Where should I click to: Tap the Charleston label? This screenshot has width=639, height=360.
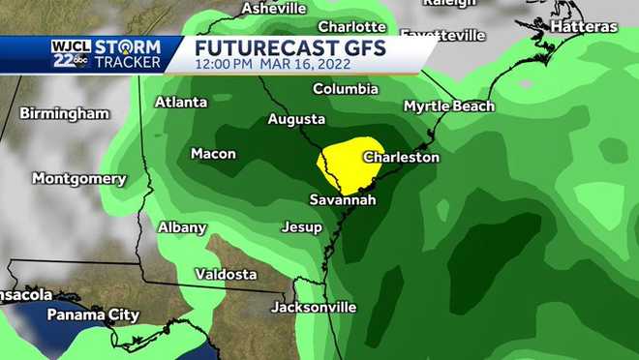tap(401, 157)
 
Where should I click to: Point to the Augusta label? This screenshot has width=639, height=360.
tap(296, 119)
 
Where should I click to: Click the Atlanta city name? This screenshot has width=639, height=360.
tap(181, 102)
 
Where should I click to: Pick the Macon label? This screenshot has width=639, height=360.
tap(213, 153)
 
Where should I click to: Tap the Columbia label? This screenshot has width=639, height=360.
tap(346, 89)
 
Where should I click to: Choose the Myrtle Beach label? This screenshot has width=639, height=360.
tap(448, 105)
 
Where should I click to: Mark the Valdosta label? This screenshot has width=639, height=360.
tap(226, 274)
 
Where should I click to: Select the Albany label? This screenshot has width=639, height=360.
tap(182, 227)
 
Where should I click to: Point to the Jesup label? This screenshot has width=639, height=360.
tap(301, 227)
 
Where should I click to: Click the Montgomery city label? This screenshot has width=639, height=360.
tap(78, 179)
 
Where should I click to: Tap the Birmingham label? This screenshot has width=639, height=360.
tap(64, 113)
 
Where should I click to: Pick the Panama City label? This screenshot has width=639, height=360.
tap(93, 315)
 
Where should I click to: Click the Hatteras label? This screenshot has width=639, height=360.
tap(583, 27)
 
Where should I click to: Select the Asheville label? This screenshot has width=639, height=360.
tap(273, 8)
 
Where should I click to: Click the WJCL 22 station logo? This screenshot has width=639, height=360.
tap(70, 54)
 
